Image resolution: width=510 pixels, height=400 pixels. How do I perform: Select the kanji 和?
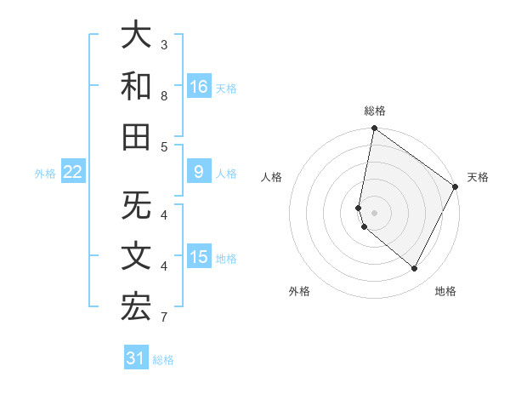click(x=136, y=86)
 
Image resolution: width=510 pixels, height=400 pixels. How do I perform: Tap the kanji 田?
click(x=136, y=136)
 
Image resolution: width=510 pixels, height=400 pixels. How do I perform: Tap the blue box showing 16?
click(x=199, y=86)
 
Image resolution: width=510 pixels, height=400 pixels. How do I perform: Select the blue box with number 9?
click(x=199, y=172)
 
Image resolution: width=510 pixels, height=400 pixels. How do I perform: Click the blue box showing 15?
click(x=199, y=257)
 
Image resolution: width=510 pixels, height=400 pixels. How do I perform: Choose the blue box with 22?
click(x=73, y=172)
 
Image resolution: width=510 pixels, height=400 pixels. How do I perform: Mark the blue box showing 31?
click(x=136, y=358)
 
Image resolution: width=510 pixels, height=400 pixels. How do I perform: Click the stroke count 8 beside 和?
click(x=164, y=96)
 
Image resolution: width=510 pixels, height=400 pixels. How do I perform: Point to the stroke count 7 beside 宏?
click(x=164, y=318)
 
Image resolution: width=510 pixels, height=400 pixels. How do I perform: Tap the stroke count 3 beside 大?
click(x=164, y=44)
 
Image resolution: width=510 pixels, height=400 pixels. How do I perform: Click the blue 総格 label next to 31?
click(x=163, y=360)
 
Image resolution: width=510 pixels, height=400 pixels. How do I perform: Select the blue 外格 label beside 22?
click(x=45, y=174)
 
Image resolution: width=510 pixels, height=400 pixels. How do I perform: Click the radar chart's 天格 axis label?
click(x=478, y=177)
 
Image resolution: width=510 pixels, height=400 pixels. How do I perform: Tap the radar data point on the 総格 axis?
click(x=374, y=129)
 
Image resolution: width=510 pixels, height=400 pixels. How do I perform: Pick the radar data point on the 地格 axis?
click(x=415, y=269)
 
